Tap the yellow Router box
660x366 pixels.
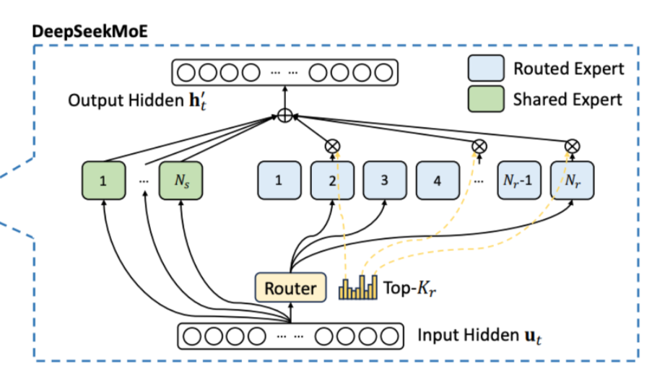(290, 289)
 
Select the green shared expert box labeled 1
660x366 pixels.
(103, 180)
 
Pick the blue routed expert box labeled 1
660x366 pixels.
(278, 180)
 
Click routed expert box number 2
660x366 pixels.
(331, 180)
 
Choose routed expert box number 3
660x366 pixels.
(384, 180)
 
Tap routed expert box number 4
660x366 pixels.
(437, 180)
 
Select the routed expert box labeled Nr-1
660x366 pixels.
(516, 180)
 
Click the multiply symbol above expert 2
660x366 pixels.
(332, 146)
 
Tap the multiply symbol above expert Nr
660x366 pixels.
(570, 146)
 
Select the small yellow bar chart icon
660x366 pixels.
(357, 288)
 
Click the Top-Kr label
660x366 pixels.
(409, 289)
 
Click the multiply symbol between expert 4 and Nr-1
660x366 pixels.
(477, 146)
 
